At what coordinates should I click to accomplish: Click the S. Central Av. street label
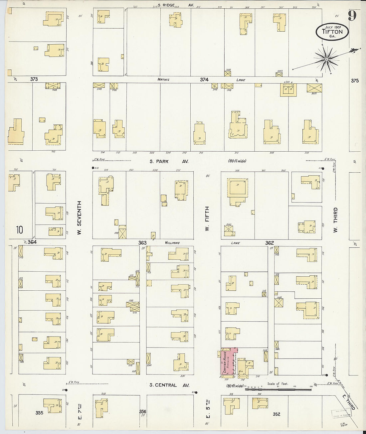coord(169,385)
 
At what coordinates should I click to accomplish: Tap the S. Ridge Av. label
coord(176,5)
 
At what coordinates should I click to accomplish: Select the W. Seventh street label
coord(80,217)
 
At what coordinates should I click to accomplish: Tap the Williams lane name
coord(172,243)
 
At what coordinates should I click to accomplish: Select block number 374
coord(204,79)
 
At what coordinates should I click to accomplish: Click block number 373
coord(34,79)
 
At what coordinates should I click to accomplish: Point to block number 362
coord(269,243)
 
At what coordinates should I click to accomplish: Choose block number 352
coord(276,414)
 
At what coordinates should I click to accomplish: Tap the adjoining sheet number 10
coord(19,229)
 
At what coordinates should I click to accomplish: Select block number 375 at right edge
coord(355,80)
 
